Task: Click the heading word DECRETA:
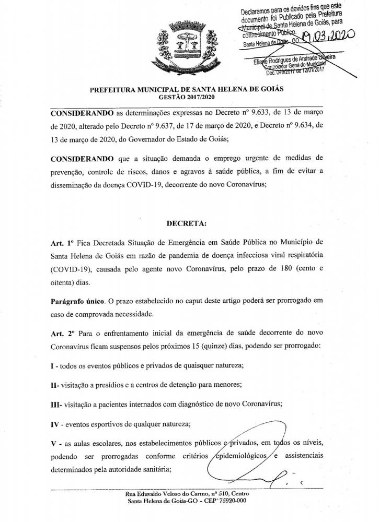tap(186, 223)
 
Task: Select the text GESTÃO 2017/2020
tap(187, 97)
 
